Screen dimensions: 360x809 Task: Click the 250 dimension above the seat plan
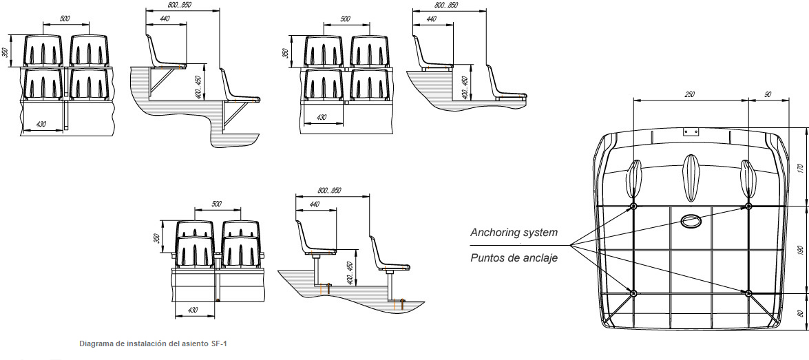click(689, 94)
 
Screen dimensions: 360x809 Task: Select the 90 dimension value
click(767, 94)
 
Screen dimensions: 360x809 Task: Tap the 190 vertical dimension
click(800, 249)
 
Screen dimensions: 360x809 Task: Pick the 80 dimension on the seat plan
click(800, 312)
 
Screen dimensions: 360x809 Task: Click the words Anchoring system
click(514, 233)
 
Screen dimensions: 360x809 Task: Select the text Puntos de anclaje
click(514, 258)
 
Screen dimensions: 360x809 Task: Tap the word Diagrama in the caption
click(97, 342)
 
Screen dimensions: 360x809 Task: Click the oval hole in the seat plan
click(690, 221)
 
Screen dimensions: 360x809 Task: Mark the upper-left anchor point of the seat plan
click(634, 206)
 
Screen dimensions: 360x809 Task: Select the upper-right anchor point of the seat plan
click(749, 206)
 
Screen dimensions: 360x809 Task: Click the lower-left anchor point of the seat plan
click(634, 293)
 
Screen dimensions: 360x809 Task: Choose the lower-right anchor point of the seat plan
click(749, 293)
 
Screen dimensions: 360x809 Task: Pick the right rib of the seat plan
click(748, 178)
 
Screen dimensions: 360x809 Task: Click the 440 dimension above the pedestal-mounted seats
click(315, 204)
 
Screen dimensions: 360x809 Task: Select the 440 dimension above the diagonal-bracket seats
click(165, 19)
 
